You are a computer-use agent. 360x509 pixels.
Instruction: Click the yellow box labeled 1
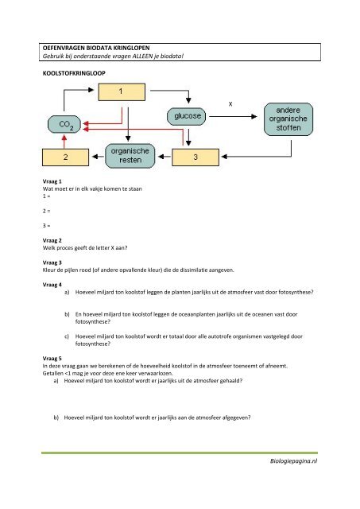coord(120,92)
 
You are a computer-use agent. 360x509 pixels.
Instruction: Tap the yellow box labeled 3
coord(195,157)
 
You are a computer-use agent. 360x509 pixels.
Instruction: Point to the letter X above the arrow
coord(230,104)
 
